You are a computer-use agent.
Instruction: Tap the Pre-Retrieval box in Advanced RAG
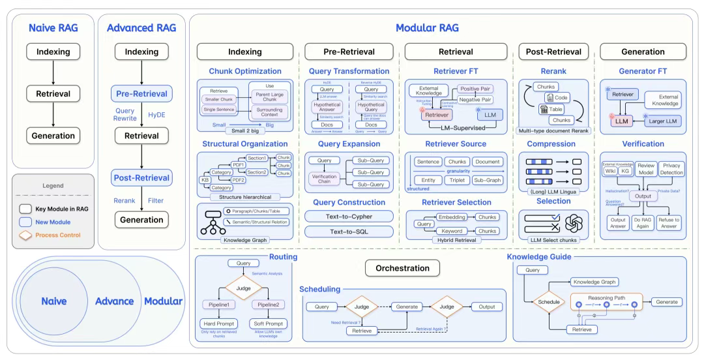click(141, 93)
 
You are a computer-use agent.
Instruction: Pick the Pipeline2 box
click(269, 305)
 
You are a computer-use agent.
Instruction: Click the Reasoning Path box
click(606, 302)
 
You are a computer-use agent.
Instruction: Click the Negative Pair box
click(475, 100)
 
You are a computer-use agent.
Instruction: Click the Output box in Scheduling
click(482, 307)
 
